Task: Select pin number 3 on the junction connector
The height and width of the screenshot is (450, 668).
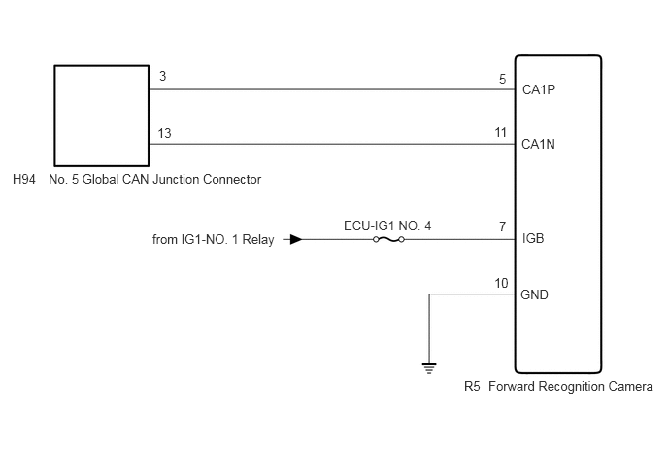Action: pos(162,76)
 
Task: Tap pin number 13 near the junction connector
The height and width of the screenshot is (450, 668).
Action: pos(164,133)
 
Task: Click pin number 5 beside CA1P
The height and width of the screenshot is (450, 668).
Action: pos(503,79)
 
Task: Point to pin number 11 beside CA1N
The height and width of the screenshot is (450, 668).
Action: pos(501,132)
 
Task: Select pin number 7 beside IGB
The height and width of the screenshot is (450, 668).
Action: pos(503,226)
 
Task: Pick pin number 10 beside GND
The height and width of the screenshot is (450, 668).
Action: pos(501,283)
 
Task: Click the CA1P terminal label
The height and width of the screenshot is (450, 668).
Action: pos(539,89)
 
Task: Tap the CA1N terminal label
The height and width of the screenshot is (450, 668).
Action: pos(538,144)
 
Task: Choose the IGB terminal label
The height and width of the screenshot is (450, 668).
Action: pos(533,238)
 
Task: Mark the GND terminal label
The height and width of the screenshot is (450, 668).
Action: pos(534,294)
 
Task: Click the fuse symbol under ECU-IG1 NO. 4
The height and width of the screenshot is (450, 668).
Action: pos(388,240)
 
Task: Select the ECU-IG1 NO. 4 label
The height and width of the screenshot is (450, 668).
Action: pos(387,225)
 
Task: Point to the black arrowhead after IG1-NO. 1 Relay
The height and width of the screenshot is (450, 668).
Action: pos(296,240)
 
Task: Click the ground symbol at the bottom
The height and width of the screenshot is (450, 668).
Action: pos(429,368)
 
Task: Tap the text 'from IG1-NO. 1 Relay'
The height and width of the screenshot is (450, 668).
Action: pos(213,240)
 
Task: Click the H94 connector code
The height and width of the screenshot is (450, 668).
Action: pos(24,179)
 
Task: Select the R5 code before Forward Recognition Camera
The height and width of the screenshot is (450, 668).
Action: pos(472,387)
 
